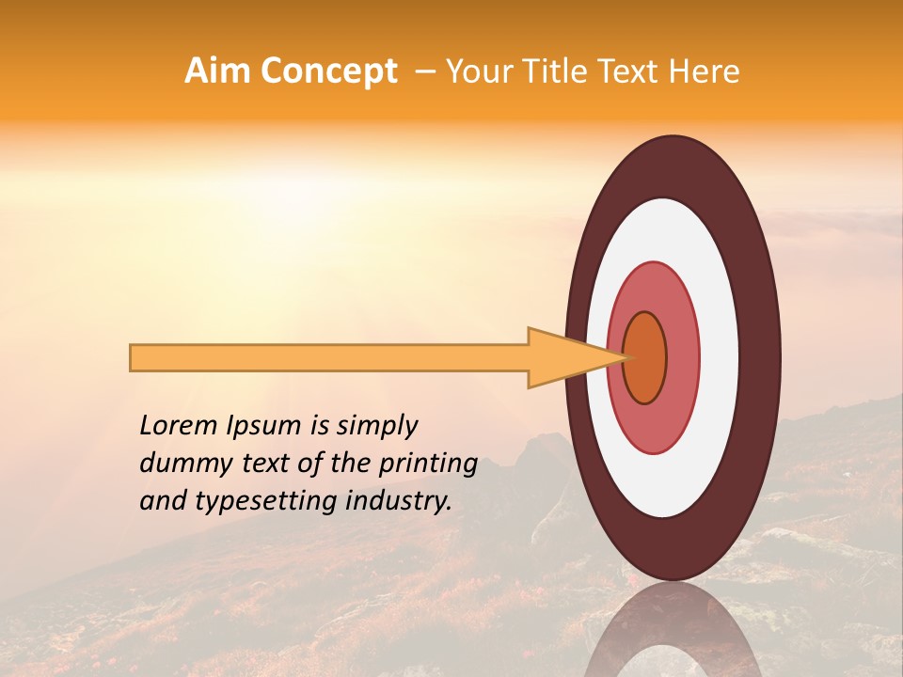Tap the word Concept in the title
(327, 71)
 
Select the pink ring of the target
(683, 358)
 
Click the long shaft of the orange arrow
(329, 358)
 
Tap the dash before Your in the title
(424, 71)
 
